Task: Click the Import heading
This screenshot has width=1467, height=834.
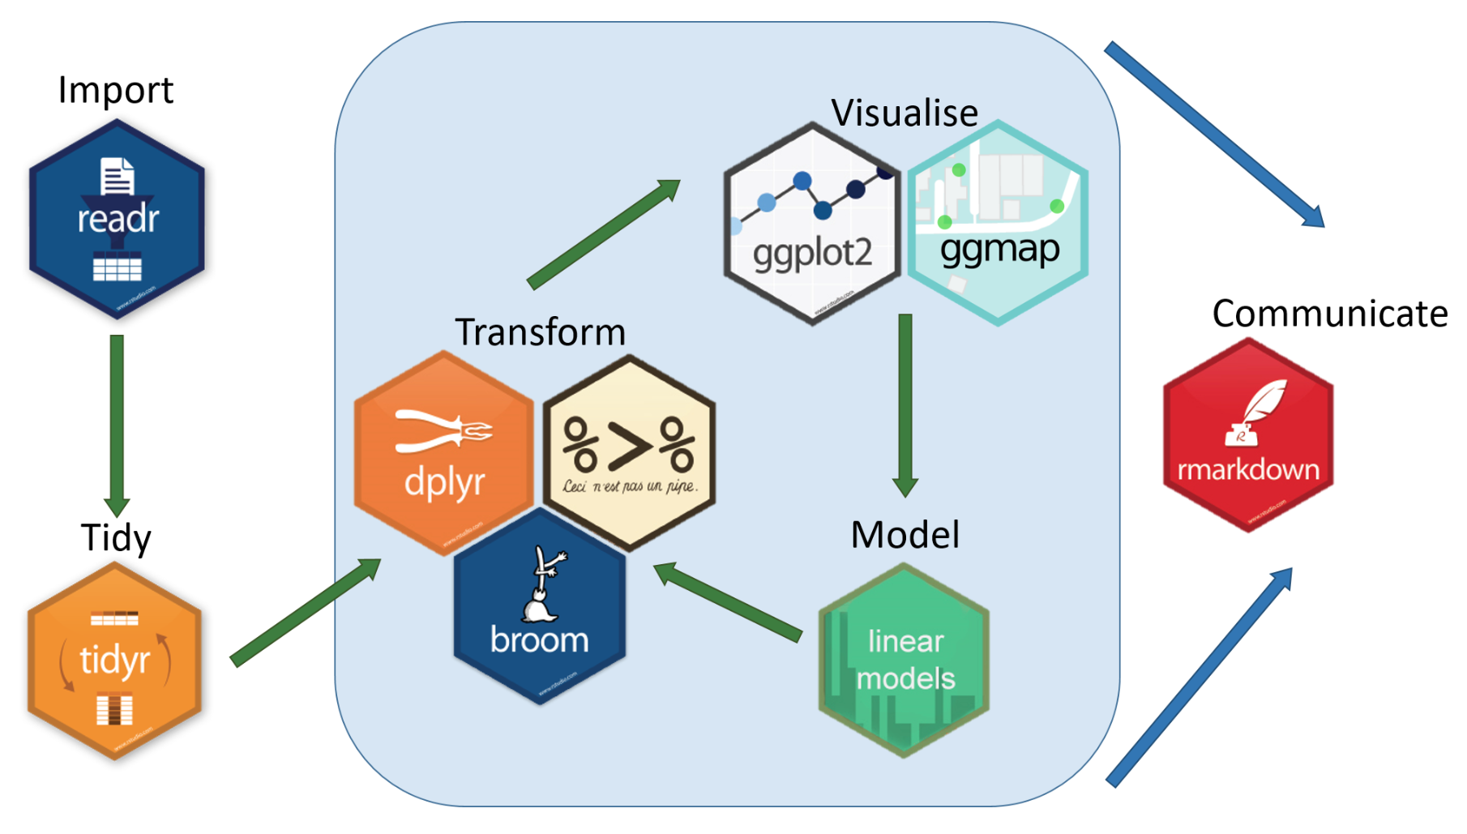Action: (x=115, y=90)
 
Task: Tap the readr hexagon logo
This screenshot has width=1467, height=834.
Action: (x=117, y=219)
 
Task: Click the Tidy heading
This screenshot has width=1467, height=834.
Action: (x=116, y=537)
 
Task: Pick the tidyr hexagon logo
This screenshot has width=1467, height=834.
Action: (x=114, y=661)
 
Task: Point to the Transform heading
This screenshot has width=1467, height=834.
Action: (x=540, y=332)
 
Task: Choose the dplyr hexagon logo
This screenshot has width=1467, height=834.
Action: (x=443, y=454)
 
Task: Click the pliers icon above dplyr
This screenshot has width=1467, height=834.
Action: (x=442, y=430)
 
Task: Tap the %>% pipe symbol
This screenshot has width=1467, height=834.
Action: (x=629, y=444)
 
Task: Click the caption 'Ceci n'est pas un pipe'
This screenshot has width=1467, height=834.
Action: (x=630, y=486)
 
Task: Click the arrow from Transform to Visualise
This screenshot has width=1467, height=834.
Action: (x=604, y=235)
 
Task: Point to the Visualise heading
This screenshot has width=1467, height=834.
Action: (x=905, y=113)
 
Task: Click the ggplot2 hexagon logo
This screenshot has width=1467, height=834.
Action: (x=812, y=224)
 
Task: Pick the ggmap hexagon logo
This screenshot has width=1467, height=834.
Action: (x=999, y=224)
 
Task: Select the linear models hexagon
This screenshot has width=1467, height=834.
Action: (x=905, y=661)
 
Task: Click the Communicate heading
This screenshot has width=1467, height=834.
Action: (x=1329, y=314)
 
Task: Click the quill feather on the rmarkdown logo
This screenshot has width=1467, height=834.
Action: (x=1264, y=403)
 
